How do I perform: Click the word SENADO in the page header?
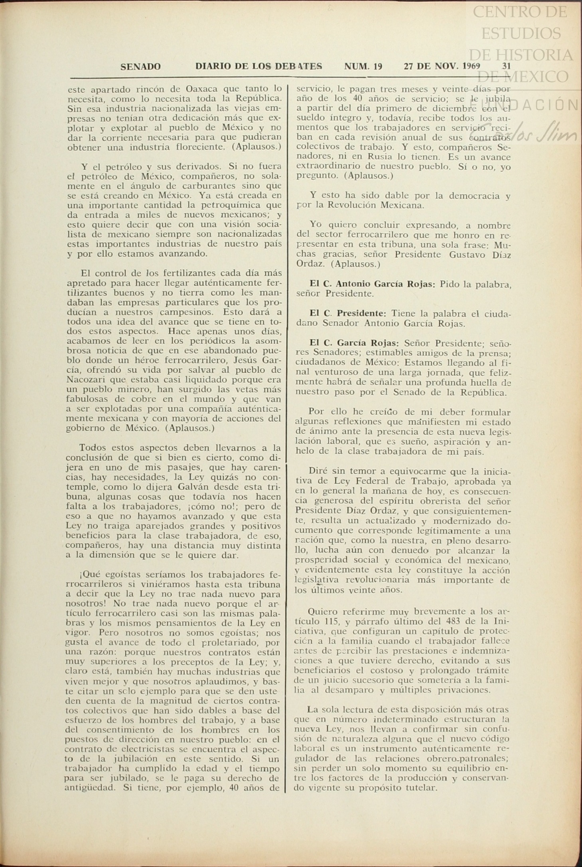pyautogui.click(x=140, y=67)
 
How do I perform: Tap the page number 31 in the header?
pyautogui.click(x=506, y=66)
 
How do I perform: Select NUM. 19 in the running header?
pyautogui.click(x=363, y=66)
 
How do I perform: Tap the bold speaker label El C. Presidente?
pyautogui.click(x=348, y=314)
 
